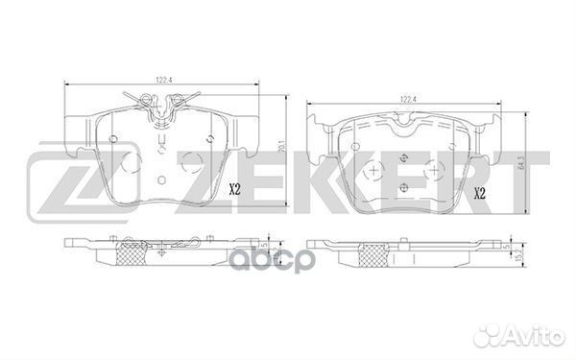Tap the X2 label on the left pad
234,189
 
